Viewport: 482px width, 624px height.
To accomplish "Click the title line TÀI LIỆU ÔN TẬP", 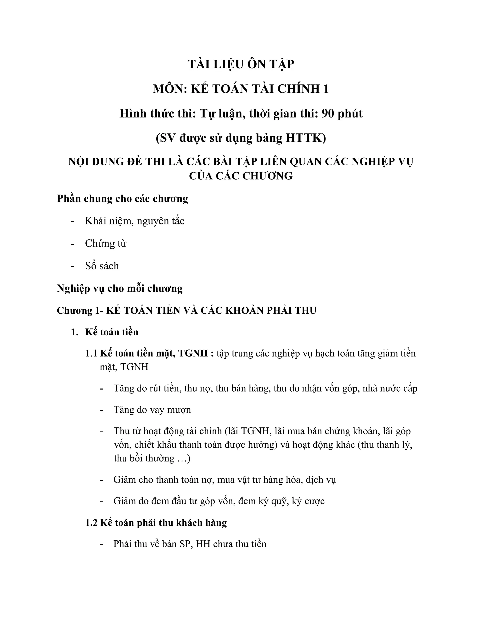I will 241,64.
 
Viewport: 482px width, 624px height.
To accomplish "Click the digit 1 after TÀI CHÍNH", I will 325,89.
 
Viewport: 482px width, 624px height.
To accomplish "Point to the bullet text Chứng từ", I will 105,243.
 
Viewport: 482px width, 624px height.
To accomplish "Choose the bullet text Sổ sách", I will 102,266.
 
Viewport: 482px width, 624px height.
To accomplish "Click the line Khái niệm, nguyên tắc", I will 134,221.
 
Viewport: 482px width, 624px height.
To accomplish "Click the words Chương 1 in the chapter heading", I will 75,310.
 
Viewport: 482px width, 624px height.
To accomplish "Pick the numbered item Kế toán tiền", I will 112,332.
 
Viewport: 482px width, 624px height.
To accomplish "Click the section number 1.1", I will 91,353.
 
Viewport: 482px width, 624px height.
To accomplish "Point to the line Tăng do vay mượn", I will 152,410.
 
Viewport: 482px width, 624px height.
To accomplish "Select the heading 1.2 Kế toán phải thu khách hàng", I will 156,523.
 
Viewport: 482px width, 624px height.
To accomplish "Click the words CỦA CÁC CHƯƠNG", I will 241,176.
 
